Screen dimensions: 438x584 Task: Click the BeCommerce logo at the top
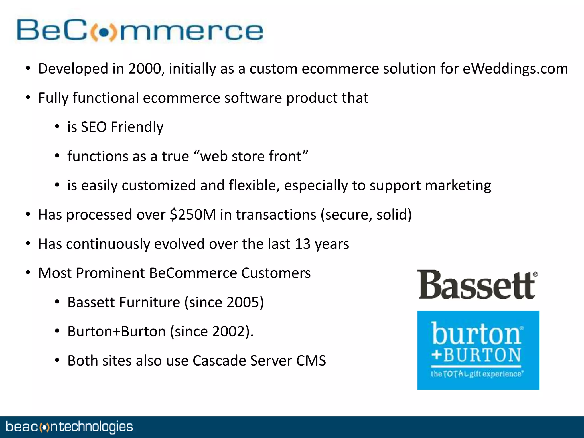point(140,30)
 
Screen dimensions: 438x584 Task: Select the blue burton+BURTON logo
point(478,350)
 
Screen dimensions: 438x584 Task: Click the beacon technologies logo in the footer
point(69,427)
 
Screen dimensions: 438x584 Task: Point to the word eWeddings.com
point(515,69)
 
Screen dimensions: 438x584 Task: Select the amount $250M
point(192,215)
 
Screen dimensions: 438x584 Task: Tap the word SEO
point(94,127)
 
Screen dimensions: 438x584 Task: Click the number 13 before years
point(302,244)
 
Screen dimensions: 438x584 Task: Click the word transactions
point(276,215)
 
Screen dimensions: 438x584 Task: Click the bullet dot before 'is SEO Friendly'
point(57,127)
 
